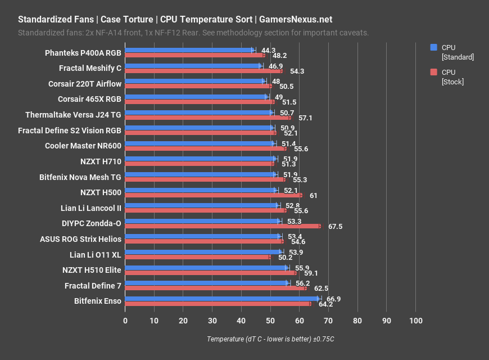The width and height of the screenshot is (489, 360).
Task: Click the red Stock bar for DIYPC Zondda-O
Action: tap(223, 226)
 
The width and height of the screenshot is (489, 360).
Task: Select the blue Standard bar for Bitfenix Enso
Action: tap(222, 299)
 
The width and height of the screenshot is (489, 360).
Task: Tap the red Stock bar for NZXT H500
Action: tap(214, 195)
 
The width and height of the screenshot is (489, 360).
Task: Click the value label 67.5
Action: tap(335, 227)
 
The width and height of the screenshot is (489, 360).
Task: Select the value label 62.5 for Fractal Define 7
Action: tap(321, 289)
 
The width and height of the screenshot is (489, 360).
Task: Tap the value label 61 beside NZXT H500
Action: tap(314, 196)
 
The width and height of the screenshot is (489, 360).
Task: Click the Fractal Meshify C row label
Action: tap(90, 69)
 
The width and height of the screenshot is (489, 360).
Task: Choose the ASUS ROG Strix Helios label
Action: tap(80, 239)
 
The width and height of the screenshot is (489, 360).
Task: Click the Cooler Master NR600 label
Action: tap(83, 146)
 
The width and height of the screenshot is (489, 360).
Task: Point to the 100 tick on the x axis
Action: tap(415, 321)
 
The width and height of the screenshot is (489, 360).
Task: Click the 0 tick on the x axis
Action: tap(125, 321)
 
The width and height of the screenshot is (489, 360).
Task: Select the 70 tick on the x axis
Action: tap(328, 321)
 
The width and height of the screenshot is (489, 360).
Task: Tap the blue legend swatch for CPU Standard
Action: tap(433, 48)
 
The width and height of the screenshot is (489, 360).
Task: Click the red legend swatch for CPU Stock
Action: tap(433, 72)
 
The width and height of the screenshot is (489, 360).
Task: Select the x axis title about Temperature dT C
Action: tap(270, 339)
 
